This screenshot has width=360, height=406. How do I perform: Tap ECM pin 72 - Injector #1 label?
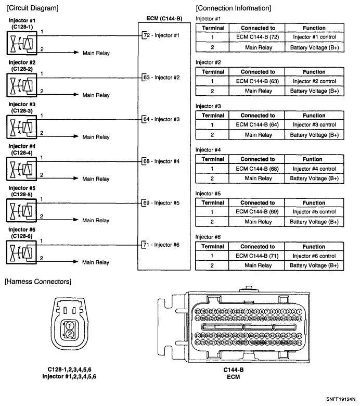pyautogui.click(x=161, y=35)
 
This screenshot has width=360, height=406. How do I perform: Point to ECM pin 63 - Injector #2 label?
pyautogui.click(x=161, y=78)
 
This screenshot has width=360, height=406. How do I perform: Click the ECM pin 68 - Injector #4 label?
pyautogui.click(x=161, y=161)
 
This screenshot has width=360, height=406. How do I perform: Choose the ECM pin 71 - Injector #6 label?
pyautogui.click(x=161, y=245)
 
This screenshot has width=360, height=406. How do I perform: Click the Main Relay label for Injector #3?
pyautogui.click(x=96, y=137)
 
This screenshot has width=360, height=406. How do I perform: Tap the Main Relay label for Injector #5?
pyautogui.click(x=96, y=221)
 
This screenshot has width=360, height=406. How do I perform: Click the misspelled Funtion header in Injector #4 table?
pyautogui.click(x=314, y=159)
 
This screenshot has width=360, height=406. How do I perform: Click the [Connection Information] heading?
pyautogui.click(x=234, y=8)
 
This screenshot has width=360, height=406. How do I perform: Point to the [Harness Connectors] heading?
pyautogui.click(x=37, y=282)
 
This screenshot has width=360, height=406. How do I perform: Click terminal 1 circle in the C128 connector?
pyautogui.click(x=69, y=325)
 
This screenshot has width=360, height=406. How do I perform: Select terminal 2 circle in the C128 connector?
pyautogui.click(x=69, y=334)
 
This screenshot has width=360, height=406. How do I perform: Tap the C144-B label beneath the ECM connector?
pyautogui.click(x=234, y=370)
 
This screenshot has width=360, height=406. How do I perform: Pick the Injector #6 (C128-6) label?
pyautogui.click(x=20, y=232)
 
